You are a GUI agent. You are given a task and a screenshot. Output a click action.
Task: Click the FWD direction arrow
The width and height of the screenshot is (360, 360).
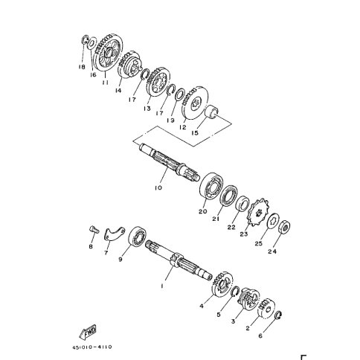tap(88, 332)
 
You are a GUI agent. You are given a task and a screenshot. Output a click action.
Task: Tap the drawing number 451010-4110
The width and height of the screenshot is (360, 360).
tap(92, 347)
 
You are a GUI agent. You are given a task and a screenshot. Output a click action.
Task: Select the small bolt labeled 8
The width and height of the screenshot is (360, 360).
tap(94, 229)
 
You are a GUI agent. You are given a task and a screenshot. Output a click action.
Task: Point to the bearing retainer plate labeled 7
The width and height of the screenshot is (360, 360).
tap(113, 234)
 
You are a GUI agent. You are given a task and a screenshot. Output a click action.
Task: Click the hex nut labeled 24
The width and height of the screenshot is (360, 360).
tap(284, 226)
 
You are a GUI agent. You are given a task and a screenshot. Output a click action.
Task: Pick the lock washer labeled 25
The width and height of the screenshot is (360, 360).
tap(274, 220)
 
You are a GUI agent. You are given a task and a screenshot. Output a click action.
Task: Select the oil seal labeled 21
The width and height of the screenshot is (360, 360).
tap(228, 195)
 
